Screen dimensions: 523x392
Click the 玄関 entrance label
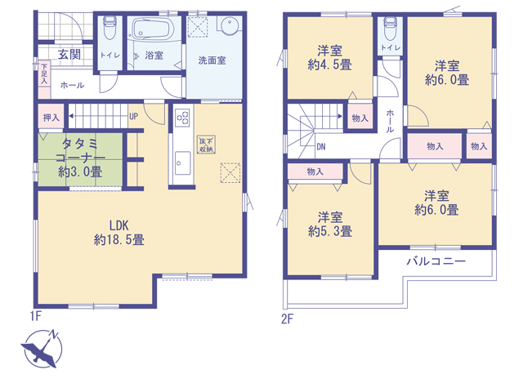(69, 55)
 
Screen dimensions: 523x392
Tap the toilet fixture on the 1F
(109, 27)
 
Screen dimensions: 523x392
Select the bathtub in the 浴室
(154, 29)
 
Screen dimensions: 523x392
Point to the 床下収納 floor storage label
(207, 145)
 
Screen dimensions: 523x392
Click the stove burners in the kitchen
(182, 118)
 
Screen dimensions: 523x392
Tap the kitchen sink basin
(182, 163)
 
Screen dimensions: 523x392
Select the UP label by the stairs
(133, 116)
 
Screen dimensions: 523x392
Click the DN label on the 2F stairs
(321, 147)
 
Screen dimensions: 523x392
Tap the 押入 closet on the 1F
(51, 118)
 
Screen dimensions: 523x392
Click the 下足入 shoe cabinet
(44, 79)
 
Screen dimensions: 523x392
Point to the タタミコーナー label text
(80, 150)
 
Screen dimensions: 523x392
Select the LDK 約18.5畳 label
(119, 233)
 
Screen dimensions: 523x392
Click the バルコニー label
(436, 261)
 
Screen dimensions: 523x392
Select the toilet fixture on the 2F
(390, 28)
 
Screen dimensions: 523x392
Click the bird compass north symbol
(42, 349)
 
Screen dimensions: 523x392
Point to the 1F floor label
(36, 315)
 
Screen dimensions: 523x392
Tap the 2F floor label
(287, 319)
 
